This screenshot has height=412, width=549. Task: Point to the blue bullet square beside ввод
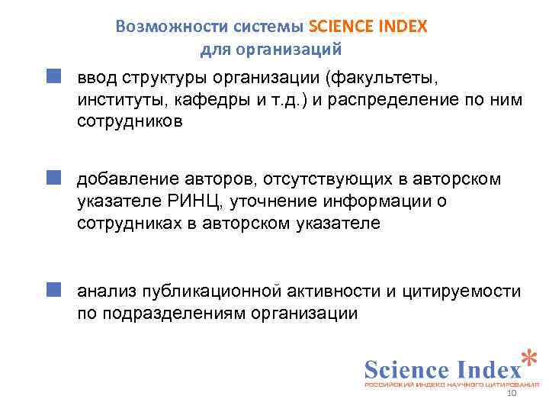(x=52, y=77)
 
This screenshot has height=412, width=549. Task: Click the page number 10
(x=512, y=393)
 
